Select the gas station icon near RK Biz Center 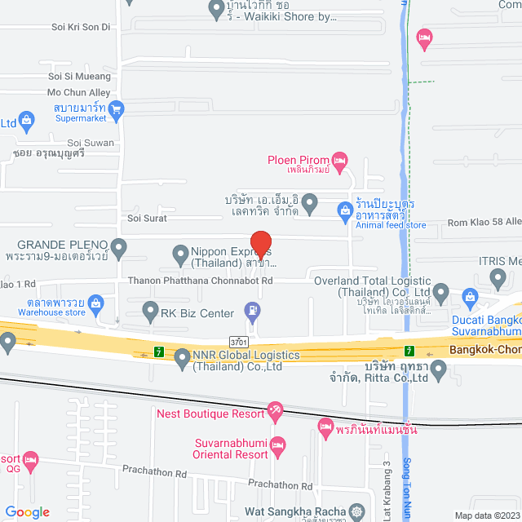252,311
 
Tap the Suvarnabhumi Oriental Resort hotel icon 278,445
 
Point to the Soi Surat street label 146,218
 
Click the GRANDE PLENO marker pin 119,245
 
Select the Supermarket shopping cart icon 117,107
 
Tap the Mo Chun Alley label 78,92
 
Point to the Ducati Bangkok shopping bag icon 469,296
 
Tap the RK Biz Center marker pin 150,310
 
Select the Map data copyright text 486,515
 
